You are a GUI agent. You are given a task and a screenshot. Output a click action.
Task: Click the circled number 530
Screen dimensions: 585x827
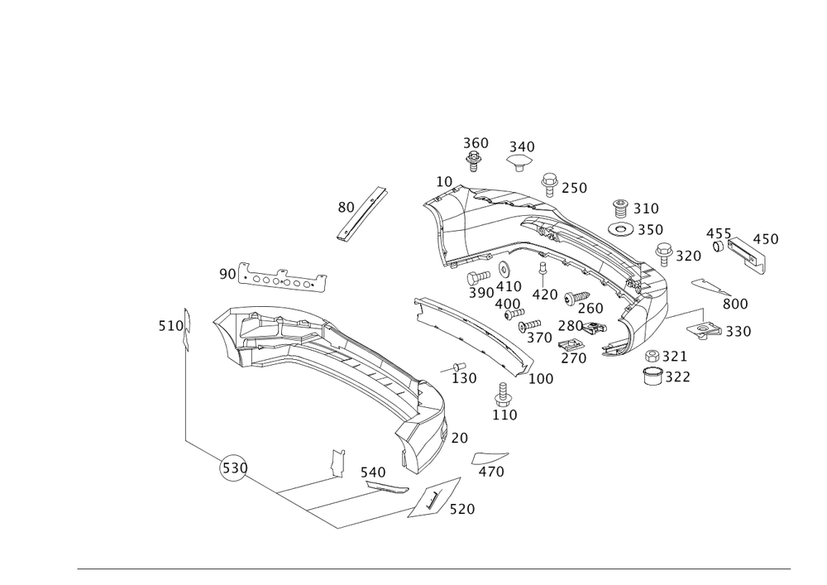[233, 469]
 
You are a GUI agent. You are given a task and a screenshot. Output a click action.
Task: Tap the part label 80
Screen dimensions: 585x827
[345, 207]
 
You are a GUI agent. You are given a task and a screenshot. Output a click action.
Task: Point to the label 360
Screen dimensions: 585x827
[475, 142]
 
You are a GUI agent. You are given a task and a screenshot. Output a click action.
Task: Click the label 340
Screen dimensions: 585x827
[521, 146]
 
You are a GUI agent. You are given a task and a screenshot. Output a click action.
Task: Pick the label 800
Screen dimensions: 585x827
[734, 304]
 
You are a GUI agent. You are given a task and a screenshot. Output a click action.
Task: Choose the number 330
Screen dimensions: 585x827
[738, 332]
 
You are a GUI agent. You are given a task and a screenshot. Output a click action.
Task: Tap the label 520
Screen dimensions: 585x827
[461, 510]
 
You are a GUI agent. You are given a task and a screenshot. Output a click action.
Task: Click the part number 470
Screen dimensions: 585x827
[492, 472]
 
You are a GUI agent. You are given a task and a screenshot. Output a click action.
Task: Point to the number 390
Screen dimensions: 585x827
[480, 293]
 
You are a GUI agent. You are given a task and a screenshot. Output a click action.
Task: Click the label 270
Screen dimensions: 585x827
[573, 358]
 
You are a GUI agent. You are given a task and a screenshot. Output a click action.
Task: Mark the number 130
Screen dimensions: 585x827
[465, 378]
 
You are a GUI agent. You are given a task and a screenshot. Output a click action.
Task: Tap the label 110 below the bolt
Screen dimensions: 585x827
[504, 414]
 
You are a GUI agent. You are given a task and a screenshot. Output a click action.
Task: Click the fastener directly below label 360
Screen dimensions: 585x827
[474, 161]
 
